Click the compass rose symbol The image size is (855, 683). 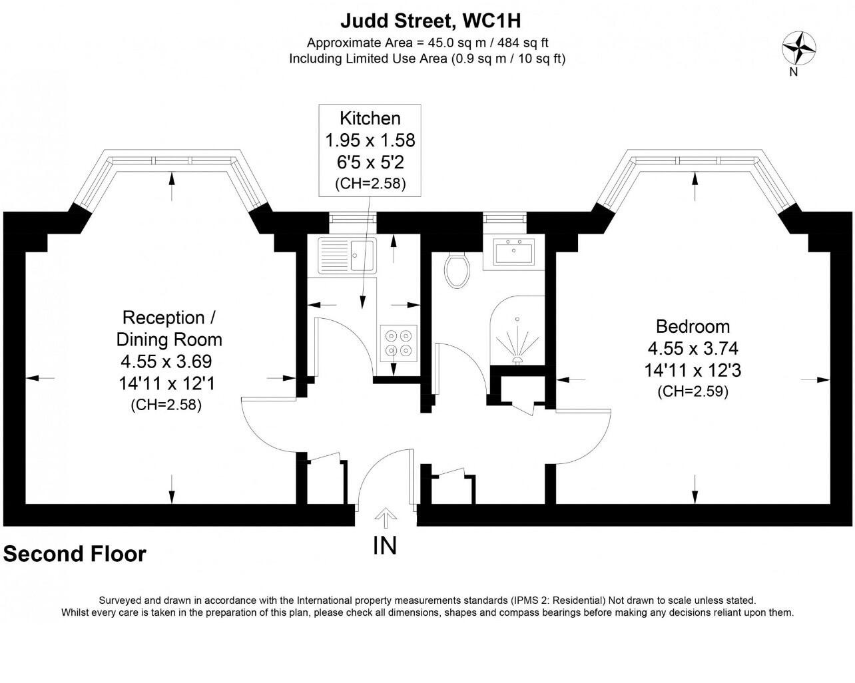[x=798, y=48]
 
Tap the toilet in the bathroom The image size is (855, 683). [x=457, y=270]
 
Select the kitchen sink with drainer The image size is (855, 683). [x=347, y=255]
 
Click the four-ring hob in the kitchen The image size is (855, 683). [x=399, y=343]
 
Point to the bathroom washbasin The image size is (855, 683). [x=513, y=252]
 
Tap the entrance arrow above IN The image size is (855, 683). [x=386, y=518]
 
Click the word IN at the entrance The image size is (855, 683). [x=385, y=545]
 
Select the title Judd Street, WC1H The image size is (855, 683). [x=431, y=21]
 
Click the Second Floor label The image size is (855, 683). [x=75, y=553]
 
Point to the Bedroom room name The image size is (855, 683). [x=693, y=327]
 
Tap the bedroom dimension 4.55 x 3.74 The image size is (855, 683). [x=693, y=348]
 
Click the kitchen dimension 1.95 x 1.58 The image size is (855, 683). [x=370, y=140]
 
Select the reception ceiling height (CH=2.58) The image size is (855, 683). [x=166, y=405]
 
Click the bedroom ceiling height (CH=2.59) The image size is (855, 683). [x=693, y=392]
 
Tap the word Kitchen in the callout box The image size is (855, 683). [x=370, y=118]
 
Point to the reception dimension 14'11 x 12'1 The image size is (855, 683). [x=167, y=383]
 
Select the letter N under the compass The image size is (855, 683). [x=794, y=73]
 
